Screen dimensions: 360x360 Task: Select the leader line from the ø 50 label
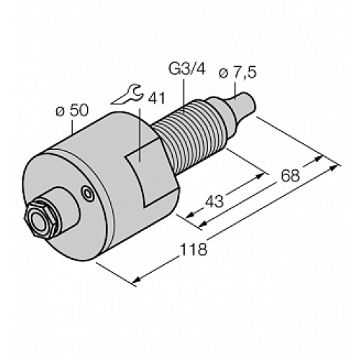77,126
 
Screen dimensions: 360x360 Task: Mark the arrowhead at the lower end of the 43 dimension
189,215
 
